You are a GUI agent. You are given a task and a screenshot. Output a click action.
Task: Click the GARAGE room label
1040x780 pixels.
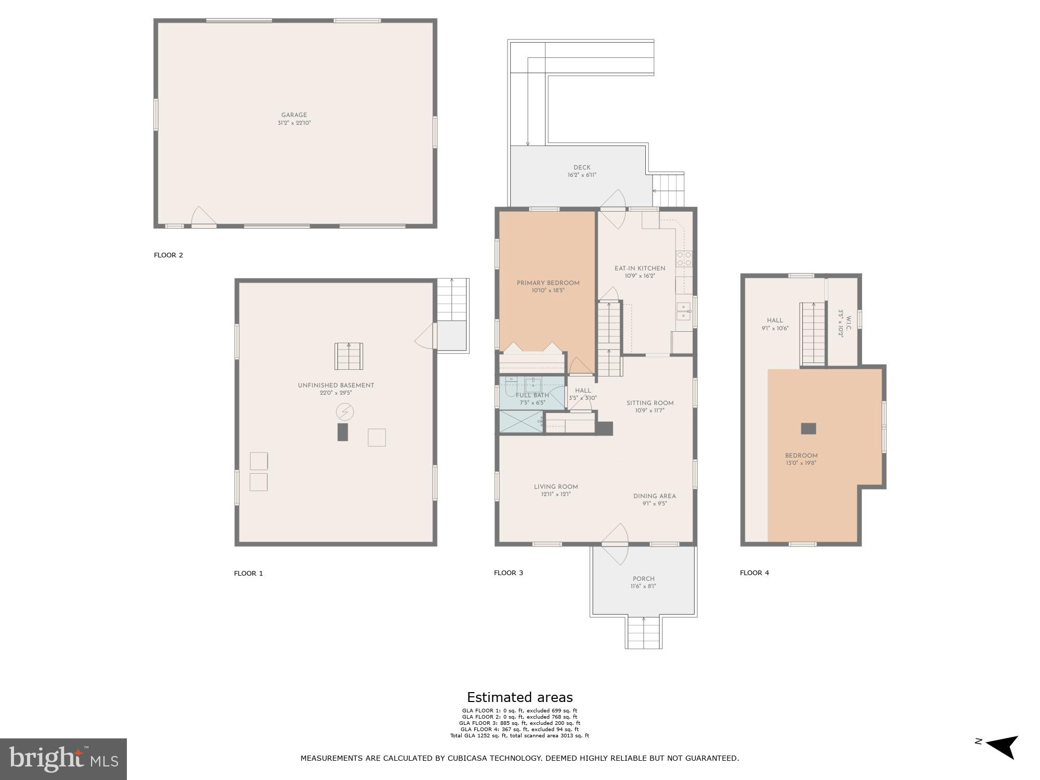(x=294, y=115)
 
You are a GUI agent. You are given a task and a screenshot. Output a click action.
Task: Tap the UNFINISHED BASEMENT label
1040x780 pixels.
(x=335, y=385)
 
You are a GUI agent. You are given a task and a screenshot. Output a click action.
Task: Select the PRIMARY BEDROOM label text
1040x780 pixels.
(x=548, y=283)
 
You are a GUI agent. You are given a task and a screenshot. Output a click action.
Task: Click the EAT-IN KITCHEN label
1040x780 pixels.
(x=640, y=268)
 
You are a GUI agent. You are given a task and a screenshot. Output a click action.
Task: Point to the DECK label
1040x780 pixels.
(x=581, y=167)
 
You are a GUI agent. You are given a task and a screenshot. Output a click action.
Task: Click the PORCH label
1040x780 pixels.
(x=643, y=579)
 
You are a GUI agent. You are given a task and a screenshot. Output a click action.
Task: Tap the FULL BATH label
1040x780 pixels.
(x=532, y=395)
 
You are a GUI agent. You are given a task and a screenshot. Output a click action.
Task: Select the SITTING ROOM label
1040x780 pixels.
(x=649, y=403)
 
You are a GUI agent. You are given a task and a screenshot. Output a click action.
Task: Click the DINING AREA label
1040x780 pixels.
(x=654, y=496)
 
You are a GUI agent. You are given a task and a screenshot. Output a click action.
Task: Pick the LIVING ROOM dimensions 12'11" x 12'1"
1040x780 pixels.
(x=555, y=495)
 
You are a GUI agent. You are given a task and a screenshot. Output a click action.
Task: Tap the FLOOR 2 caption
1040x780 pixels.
(x=168, y=255)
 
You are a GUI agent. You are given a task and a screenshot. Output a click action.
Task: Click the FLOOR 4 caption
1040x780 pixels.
(x=754, y=573)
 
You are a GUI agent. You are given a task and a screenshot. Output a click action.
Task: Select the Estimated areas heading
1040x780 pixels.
(x=519, y=697)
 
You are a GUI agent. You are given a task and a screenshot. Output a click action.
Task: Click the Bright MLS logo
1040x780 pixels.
(x=63, y=759)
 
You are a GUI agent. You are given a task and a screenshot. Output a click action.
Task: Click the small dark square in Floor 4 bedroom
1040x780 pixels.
(x=808, y=428)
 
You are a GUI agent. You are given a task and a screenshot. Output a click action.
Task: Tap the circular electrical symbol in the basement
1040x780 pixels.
(x=345, y=412)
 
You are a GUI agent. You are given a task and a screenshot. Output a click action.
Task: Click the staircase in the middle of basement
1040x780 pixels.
(x=348, y=356)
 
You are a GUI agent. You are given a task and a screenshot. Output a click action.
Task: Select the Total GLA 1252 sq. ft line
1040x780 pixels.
(x=519, y=736)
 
